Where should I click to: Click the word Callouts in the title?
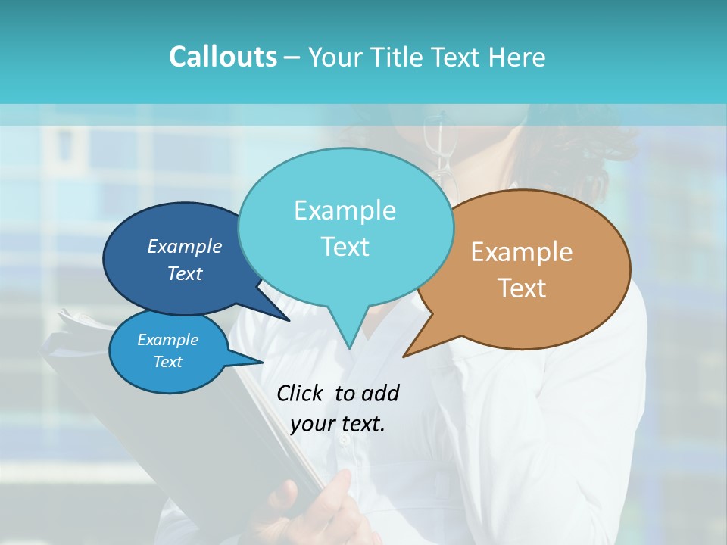[x=223, y=57]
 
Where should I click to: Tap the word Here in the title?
[x=516, y=57]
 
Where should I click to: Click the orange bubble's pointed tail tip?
[x=404, y=356]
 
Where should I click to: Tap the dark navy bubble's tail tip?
[x=289, y=320]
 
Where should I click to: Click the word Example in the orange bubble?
[x=522, y=252]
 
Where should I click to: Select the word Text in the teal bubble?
[x=345, y=247]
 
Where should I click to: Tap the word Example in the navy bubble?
[x=185, y=246]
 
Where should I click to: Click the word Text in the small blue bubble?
[x=168, y=362]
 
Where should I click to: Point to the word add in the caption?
[x=380, y=393]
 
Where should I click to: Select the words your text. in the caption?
[x=338, y=424]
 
